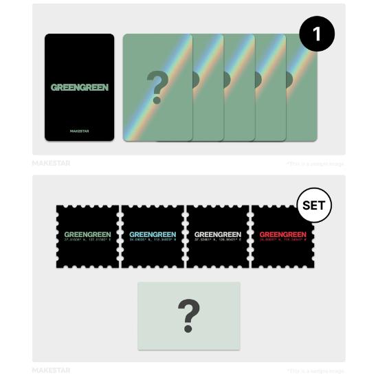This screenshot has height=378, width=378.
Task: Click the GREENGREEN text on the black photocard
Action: [x=80, y=88]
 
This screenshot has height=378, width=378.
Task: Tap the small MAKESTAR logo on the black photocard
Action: [x=80, y=131]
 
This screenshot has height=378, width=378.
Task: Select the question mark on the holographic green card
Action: [x=157, y=87]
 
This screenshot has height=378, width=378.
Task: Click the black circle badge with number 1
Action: [x=316, y=34]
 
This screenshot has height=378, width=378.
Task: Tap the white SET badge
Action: [x=313, y=205]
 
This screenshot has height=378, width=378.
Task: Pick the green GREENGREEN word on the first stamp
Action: [x=87, y=234]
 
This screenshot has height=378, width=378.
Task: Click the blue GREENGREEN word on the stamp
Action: [x=153, y=234]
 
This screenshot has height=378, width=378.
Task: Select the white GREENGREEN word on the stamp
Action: [x=218, y=234]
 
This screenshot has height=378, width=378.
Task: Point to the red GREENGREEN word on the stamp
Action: [x=282, y=234]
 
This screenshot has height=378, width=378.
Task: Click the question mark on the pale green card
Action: [x=189, y=315]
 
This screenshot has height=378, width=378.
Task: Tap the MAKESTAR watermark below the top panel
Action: [x=51, y=164]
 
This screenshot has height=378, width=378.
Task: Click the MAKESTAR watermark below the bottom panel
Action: [x=51, y=370]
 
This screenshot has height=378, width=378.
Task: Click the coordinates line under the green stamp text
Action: [x=87, y=241]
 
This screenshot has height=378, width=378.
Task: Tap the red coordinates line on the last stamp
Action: [x=282, y=241]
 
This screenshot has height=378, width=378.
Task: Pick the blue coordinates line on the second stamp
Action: [x=153, y=241]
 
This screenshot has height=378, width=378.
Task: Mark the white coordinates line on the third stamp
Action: [x=218, y=241]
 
